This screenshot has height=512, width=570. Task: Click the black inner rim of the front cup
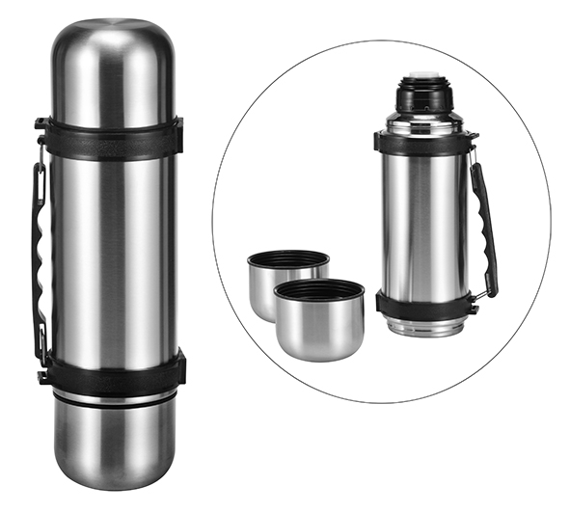(318, 290)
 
